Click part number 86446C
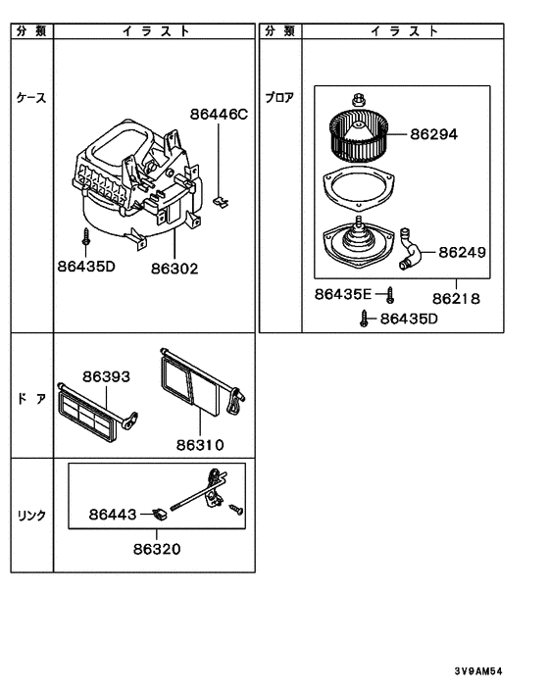tap(219, 115)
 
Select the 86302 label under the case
tap(175, 269)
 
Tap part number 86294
tap(434, 134)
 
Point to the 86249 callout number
tap(462, 252)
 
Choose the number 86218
tap(456, 299)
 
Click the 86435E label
tap(343, 294)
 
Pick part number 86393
tap(106, 376)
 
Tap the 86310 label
tap(200, 444)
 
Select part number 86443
tap(113, 515)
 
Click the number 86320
tap(157, 549)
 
